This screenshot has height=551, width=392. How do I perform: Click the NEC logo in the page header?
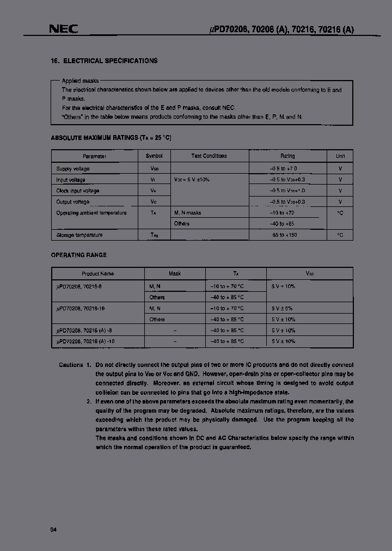tap(64, 29)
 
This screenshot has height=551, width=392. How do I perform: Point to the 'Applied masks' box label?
tap(80, 81)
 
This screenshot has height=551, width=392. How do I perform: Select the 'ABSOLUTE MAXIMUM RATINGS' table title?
tap(114, 138)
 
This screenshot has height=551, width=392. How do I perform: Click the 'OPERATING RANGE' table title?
tap(78, 255)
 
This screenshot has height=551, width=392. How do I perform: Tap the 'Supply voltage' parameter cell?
tap(73, 169)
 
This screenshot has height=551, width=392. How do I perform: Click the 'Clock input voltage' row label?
tap(77, 191)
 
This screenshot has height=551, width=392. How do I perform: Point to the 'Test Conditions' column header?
tap(209, 156)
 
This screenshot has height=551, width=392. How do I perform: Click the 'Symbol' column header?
tap(154, 156)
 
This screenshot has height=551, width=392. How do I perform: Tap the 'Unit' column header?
tap(340, 156)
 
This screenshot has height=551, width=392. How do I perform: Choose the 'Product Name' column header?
tap(98, 274)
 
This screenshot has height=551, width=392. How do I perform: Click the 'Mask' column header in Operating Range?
tap(175, 274)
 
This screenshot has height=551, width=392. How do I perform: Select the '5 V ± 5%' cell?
tap(283, 308)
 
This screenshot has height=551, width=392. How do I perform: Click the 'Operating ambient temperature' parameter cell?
tap(91, 213)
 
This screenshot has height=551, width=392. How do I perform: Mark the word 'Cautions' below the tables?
tap(71, 365)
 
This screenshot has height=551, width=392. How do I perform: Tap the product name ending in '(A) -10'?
tap(86, 341)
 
